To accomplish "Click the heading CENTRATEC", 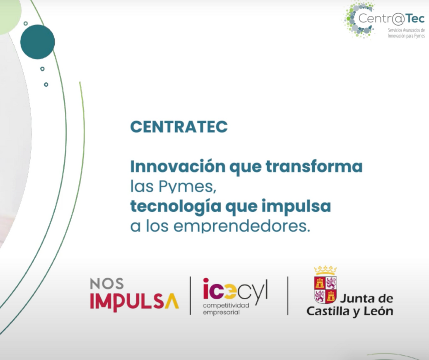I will coord(178,127).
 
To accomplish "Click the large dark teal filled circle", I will coord(37,42).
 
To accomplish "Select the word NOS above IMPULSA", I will coord(106,284).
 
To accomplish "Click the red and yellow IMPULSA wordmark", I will coord(134,302).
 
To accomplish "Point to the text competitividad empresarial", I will coord(226,308).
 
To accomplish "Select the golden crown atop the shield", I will coord(325,270).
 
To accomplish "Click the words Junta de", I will coord(366,299).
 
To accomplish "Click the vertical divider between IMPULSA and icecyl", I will coord(191,296).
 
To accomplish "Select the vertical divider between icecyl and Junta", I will coord(288,296).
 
